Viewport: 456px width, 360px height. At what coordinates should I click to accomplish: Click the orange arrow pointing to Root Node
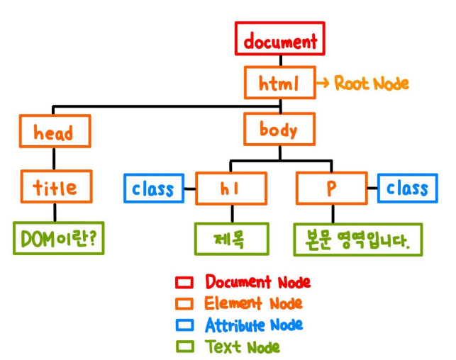[x=323, y=84]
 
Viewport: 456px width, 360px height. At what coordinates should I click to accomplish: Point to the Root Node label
[x=372, y=84]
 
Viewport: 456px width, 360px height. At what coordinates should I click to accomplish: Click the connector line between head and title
[x=54, y=159]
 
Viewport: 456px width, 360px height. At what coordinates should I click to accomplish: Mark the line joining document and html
[x=281, y=61]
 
